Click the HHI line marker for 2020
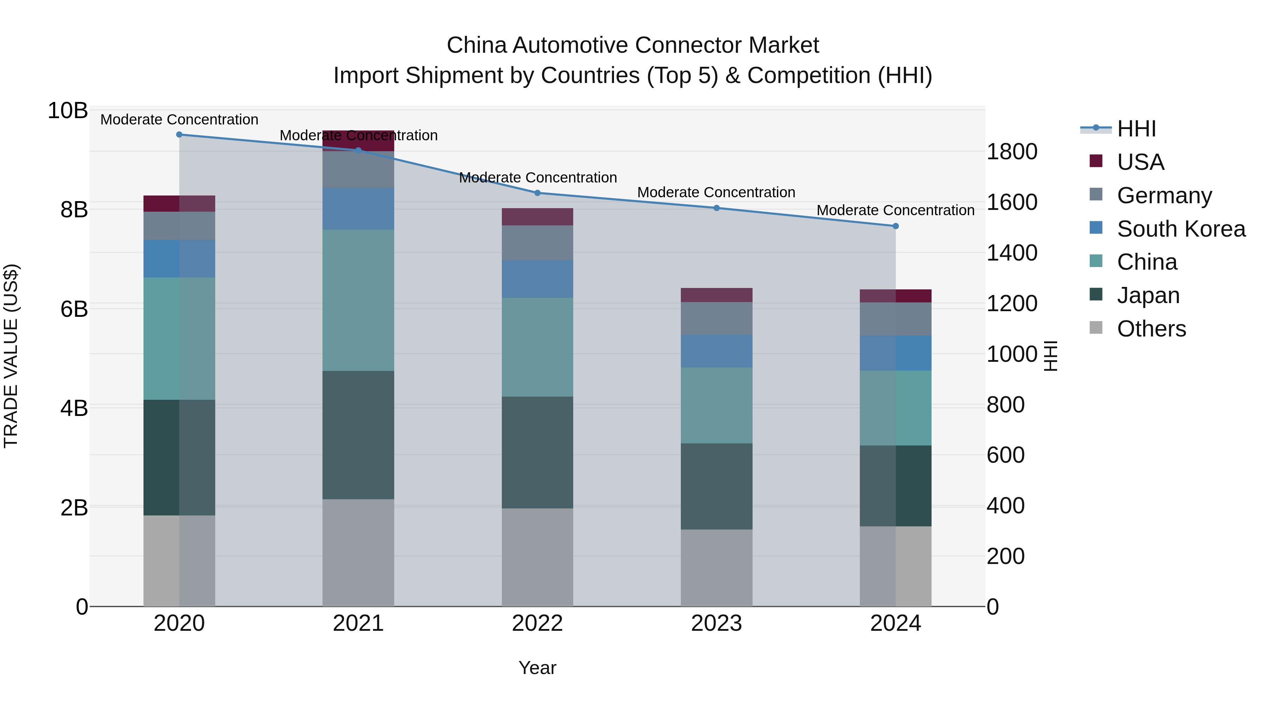179,135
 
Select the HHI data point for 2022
537,193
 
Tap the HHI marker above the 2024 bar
895,226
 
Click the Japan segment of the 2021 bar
358,435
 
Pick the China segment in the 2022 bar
537,347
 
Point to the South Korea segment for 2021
358,209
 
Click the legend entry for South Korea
1181,229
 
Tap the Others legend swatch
1096,328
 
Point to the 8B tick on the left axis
74,210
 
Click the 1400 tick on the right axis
1011,253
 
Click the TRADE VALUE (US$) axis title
11,356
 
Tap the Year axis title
537,668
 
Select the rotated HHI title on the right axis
1050,356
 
